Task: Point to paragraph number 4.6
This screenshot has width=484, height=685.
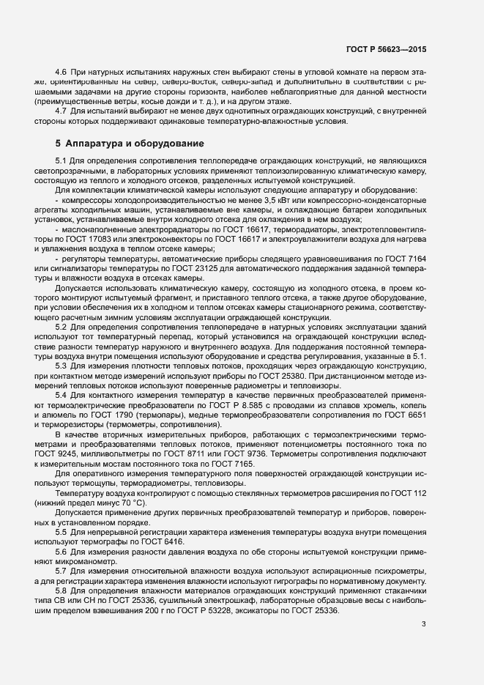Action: pos(61,72)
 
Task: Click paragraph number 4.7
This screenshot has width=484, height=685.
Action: pos(61,110)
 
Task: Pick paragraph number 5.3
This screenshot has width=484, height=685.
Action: pos(61,366)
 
